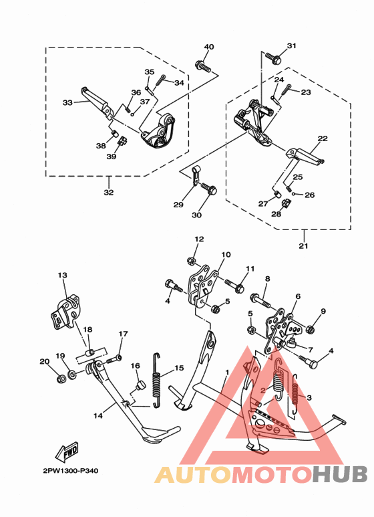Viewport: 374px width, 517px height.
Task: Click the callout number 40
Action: tap(209, 47)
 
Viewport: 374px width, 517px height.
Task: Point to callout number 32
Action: tap(108, 193)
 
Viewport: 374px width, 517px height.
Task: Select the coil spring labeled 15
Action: tap(158, 383)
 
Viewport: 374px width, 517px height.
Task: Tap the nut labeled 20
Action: tap(59, 379)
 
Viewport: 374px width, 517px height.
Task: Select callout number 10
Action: tap(226, 255)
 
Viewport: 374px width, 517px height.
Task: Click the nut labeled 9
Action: tap(312, 329)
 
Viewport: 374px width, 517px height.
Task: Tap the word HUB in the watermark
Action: tap(341, 474)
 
